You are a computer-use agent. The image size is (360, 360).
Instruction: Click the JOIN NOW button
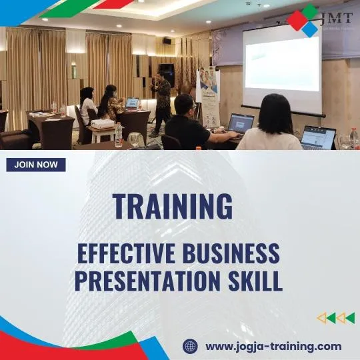[36, 165]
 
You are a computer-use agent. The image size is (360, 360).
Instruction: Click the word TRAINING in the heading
[173, 206]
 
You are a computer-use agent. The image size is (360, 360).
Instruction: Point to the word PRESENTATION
[147, 280]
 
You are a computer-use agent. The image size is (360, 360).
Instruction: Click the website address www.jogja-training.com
[273, 346]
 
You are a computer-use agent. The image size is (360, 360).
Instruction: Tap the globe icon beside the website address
[191, 346]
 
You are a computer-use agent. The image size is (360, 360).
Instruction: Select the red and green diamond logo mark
[303, 21]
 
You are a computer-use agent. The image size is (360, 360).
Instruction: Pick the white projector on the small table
[103, 125]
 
